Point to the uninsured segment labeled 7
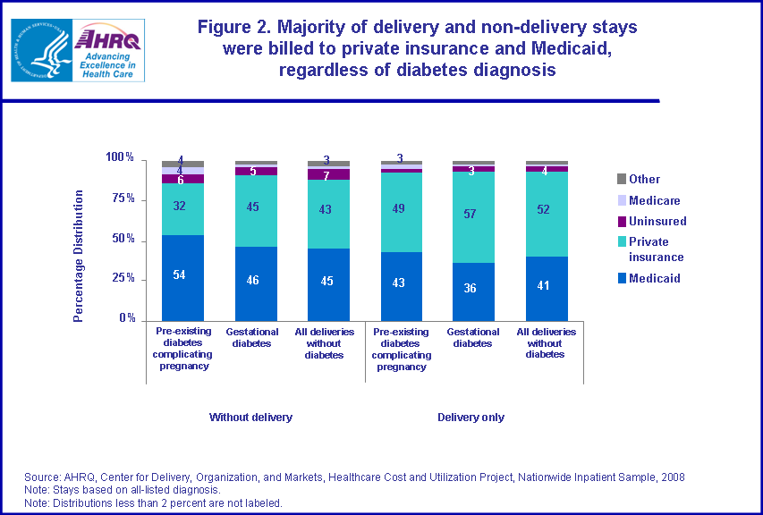pyautogui.click(x=327, y=174)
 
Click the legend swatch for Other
pyautogui.click(x=620, y=180)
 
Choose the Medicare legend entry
pyautogui.click(x=654, y=200)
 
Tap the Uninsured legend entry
pyautogui.click(x=657, y=221)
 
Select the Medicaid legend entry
pyautogui.click(x=654, y=278)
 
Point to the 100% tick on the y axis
pyautogui.click(x=119, y=158)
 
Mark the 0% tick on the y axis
pyautogui.click(x=128, y=318)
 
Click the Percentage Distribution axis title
pyautogui.click(x=79, y=256)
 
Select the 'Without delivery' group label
pyautogui.click(x=250, y=418)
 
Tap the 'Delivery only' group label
pyautogui.click(x=471, y=418)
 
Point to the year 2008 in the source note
pyautogui.click(x=673, y=477)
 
